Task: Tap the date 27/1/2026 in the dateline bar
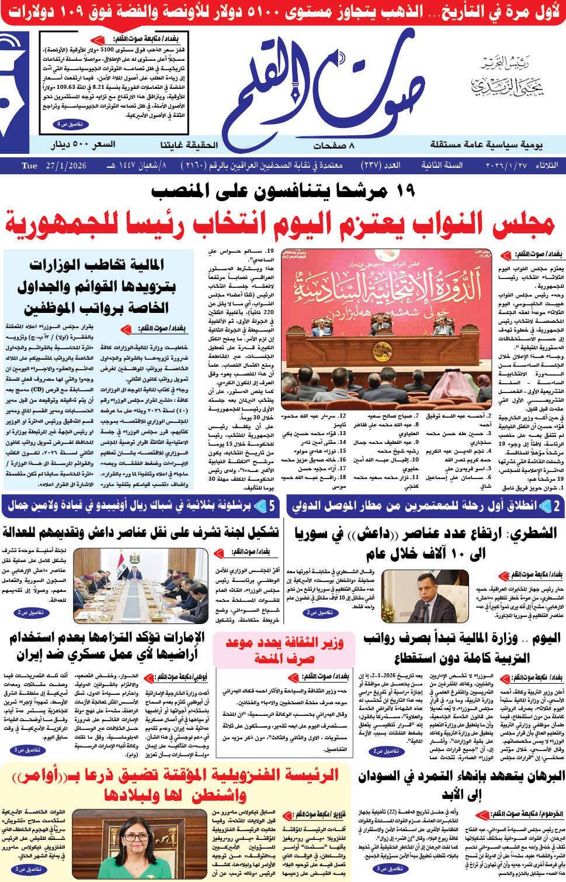click(64, 166)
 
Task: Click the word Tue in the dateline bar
click(29, 166)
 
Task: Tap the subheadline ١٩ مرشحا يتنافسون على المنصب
click(283, 191)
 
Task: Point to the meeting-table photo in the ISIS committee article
click(141, 585)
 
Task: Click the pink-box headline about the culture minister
click(284, 650)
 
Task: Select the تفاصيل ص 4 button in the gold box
click(71, 125)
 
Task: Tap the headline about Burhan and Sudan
click(461, 784)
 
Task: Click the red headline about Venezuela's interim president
click(175, 784)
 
